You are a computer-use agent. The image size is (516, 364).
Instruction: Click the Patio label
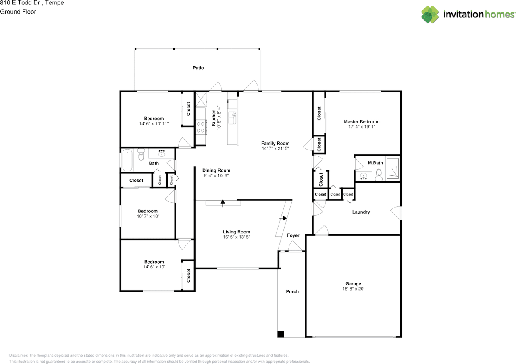198,68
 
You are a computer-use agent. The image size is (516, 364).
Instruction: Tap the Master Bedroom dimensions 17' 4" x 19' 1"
362,127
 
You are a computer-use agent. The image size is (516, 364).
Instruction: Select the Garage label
353,284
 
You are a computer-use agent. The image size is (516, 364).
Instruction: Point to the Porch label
292,291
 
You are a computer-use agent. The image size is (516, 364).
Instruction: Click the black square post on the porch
281,334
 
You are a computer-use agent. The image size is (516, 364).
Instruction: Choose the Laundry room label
361,212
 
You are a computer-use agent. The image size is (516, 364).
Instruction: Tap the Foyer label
293,235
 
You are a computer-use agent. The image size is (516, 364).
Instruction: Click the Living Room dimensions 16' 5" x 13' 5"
236,237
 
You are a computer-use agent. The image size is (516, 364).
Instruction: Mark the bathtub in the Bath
127,160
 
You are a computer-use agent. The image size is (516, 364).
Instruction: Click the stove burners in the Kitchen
200,127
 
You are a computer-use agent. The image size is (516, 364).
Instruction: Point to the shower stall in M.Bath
393,168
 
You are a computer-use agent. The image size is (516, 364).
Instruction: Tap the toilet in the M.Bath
379,175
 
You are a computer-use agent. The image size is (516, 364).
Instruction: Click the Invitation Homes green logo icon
430,15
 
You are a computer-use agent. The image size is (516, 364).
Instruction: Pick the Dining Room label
216,170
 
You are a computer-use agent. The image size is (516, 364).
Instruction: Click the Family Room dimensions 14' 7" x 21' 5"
275,148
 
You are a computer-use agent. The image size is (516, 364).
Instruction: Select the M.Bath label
375,163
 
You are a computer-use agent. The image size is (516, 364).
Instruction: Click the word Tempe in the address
54,3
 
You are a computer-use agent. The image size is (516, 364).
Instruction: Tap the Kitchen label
214,118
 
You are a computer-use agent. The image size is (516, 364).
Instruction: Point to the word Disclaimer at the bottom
19,356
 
